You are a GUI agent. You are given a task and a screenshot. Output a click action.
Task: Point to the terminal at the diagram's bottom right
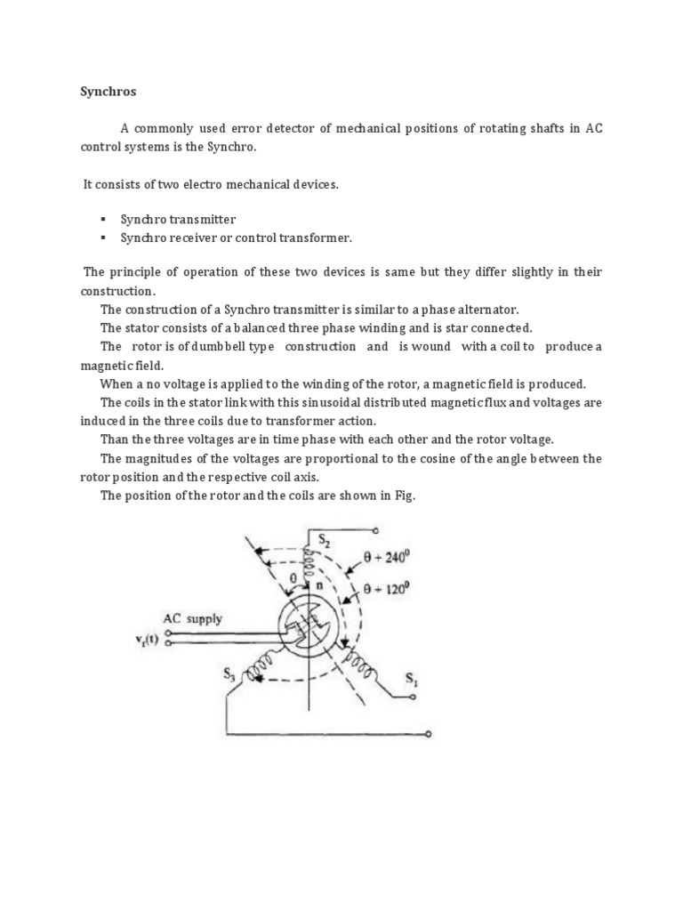point(430,735)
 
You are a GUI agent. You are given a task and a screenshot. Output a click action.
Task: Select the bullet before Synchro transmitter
point(103,219)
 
